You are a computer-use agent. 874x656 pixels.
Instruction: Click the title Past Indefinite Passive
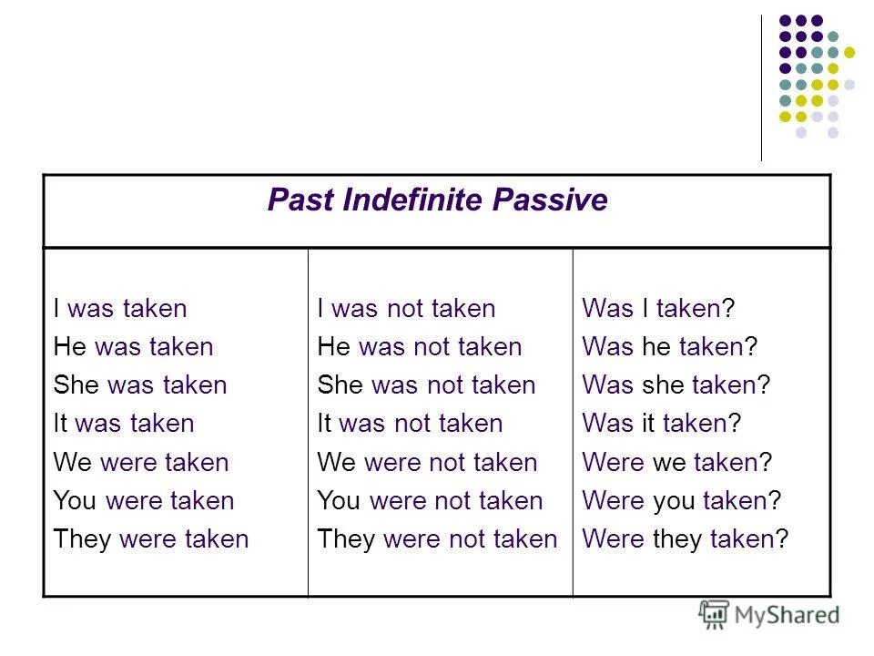pyautogui.click(x=437, y=200)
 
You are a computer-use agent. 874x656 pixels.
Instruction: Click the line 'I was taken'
pyautogui.click(x=119, y=309)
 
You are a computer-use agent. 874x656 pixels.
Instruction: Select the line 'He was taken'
pyautogui.click(x=133, y=347)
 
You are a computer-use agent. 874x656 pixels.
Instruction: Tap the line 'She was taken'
pyautogui.click(x=139, y=385)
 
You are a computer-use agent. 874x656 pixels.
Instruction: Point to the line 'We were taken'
pyautogui.click(x=141, y=462)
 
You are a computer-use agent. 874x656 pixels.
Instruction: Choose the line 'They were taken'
pyautogui.click(x=151, y=538)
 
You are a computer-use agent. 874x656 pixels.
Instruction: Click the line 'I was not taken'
pyautogui.click(x=406, y=309)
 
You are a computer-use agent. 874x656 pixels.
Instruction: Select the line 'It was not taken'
pyautogui.click(x=410, y=424)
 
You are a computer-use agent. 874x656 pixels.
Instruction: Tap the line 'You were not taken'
pyautogui.click(x=430, y=500)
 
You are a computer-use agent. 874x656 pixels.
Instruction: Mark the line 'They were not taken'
pyautogui.click(x=437, y=538)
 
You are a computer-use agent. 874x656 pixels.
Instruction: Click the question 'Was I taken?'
pyautogui.click(x=658, y=309)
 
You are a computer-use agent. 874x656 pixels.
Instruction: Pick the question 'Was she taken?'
pyautogui.click(x=676, y=385)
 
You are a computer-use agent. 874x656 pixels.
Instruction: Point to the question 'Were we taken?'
pyautogui.click(x=677, y=462)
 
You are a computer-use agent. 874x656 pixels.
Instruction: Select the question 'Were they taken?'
pyautogui.click(x=686, y=538)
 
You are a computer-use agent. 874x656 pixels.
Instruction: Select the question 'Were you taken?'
pyautogui.click(x=682, y=500)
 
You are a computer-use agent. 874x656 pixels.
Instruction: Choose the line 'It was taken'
pyautogui.click(x=124, y=424)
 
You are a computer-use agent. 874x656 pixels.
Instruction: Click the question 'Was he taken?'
pyautogui.click(x=670, y=347)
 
